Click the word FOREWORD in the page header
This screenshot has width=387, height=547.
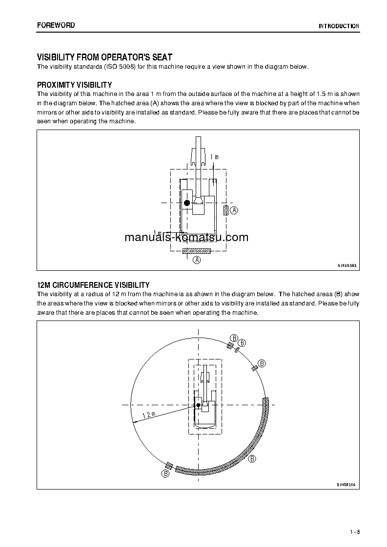(x=56, y=25)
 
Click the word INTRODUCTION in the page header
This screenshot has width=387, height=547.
(x=339, y=26)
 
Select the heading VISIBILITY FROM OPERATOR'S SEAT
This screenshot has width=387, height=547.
(x=104, y=57)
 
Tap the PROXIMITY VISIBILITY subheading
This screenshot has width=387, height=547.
(x=75, y=85)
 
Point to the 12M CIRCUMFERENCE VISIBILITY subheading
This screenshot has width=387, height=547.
(x=93, y=285)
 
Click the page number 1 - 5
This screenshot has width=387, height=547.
(x=354, y=532)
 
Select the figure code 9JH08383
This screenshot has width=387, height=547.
(x=347, y=265)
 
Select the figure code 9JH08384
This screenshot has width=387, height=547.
(x=346, y=485)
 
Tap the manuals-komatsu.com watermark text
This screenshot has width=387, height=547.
(x=186, y=238)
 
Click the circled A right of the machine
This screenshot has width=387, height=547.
(x=234, y=210)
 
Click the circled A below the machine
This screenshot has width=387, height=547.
(x=197, y=260)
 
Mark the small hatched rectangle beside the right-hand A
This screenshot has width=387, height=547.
(x=225, y=210)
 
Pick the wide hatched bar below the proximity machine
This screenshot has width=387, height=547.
(x=197, y=251)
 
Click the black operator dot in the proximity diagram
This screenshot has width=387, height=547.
(x=187, y=203)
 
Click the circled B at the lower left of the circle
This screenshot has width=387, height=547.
(x=166, y=473)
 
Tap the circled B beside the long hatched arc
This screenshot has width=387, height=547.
(x=252, y=459)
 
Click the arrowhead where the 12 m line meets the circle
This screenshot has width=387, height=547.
(x=133, y=423)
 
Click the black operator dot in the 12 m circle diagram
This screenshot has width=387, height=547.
(x=198, y=405)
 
